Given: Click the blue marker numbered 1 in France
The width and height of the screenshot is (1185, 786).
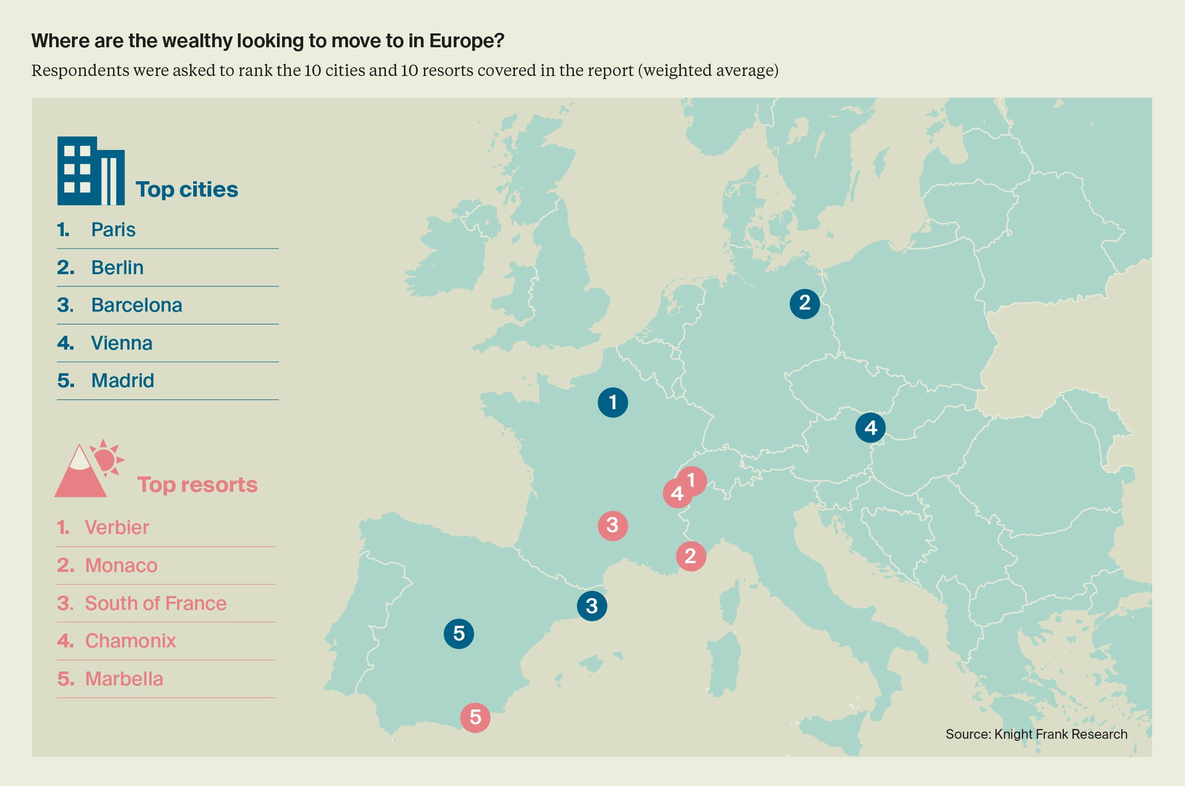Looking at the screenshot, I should click(x=613, y=402).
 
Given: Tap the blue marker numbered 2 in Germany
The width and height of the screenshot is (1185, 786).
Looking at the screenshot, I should click(x=804, y=303).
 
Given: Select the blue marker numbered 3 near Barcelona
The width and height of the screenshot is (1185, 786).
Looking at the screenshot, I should click(x=591, y=606).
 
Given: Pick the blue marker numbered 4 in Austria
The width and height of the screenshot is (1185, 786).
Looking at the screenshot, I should click(x=870, y=428).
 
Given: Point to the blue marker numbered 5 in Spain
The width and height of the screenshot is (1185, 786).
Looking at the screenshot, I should click(x=458, y=634).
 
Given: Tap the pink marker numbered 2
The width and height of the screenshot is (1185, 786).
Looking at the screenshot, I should click(x=691, y=556).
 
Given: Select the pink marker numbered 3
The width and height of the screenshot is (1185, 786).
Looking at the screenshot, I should click(x=613, y=525).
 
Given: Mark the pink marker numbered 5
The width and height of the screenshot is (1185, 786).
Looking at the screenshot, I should click(x=475, y=717).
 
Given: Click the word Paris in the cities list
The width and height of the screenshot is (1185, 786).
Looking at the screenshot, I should click(x=113, y=229).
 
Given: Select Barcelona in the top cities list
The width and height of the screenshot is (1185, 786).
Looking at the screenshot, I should click(x=137, y=305).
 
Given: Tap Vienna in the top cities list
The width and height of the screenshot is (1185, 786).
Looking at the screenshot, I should click(x=122, y=343).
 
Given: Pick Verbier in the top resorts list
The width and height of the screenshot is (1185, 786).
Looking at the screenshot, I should click(x=117, y=527).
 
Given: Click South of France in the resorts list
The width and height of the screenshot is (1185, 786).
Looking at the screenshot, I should click(x=156, y=603).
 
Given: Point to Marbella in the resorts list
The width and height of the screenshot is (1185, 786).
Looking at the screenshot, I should click(x=124, y=679).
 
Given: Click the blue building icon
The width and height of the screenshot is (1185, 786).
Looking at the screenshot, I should click(x=90, y=171).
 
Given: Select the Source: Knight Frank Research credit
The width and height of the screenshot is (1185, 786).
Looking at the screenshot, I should click(x=1036, y=734).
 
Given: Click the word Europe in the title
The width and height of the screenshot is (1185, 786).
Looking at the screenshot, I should click(x=467, y=41).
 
